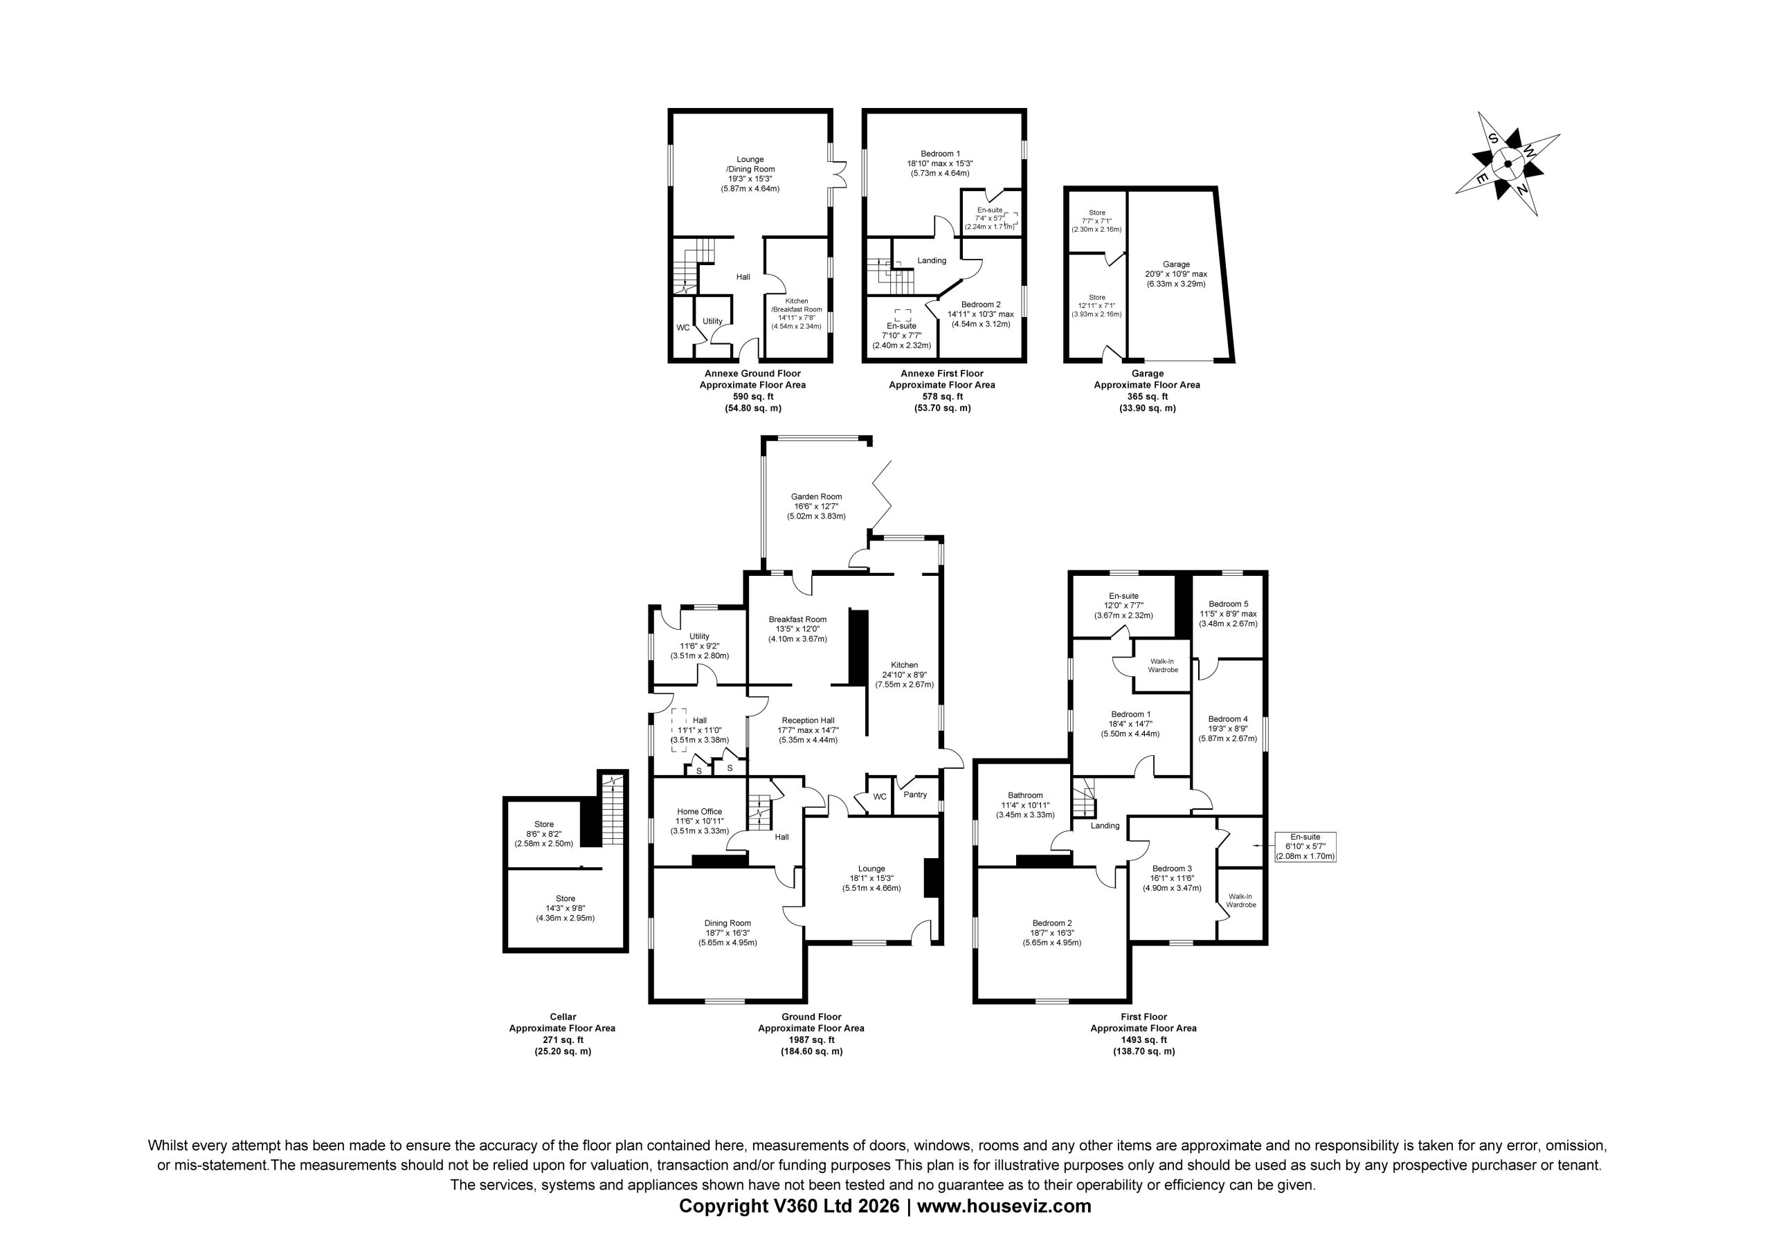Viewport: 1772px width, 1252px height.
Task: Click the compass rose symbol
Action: tap(1508, 163)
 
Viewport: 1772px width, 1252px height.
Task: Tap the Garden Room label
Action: tap(816, 496)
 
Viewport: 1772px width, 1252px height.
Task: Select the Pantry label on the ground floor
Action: tap(914, 795)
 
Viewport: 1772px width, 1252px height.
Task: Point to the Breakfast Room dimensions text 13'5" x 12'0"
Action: tap(797, 629)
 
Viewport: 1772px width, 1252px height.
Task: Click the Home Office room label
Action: tap(699, 811)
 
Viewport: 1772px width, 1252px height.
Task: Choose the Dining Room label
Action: tap(727, 923)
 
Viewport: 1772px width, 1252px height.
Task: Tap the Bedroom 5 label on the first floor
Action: tap(1228, 604)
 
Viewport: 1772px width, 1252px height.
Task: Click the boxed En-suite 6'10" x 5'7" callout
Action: tap(1305, 846)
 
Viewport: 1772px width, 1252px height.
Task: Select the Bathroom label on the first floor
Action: tap(1025, 795)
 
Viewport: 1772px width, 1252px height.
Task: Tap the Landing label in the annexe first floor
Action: tap(932, 260)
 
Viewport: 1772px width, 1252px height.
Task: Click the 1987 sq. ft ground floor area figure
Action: tap(811, 1040)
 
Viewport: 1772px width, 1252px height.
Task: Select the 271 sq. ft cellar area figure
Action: tap(562, 1040)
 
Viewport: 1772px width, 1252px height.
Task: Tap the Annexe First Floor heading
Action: tap(941, 374)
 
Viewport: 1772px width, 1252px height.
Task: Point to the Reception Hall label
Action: tap(808, 720)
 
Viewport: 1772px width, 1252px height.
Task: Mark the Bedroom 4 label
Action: tap(1228, 718)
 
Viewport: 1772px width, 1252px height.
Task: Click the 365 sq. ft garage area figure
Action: tap(1147, 396)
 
